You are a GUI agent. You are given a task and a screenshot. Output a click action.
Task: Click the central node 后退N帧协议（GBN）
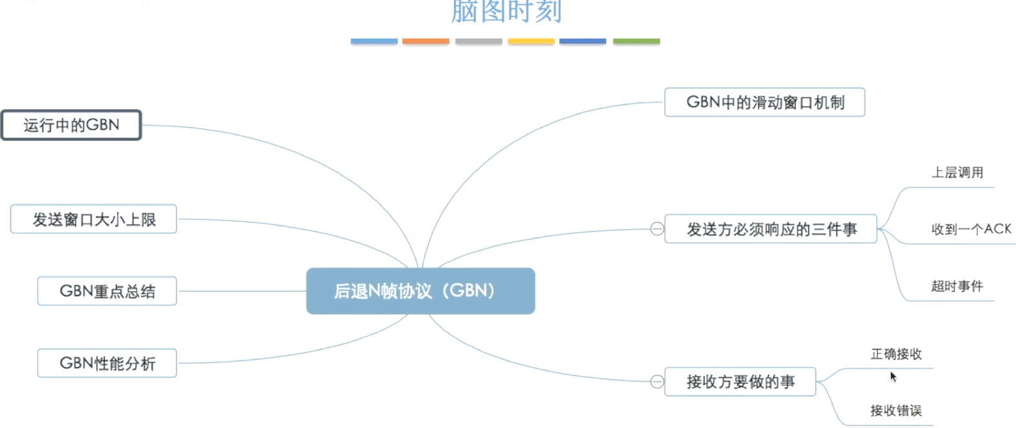421,291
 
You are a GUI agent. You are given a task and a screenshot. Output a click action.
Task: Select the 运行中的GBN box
71,125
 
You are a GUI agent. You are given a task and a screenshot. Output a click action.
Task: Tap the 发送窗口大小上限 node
94,219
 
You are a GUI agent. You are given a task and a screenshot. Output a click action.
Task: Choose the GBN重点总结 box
107,291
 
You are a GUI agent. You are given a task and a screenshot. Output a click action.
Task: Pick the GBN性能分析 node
107,363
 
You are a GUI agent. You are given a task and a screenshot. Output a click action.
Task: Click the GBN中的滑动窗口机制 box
765,102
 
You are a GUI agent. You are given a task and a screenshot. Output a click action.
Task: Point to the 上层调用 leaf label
957,173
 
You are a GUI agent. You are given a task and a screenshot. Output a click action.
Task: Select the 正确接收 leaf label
896,354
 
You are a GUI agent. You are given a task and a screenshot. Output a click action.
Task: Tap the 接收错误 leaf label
896,410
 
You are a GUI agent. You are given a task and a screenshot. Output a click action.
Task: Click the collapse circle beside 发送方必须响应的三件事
656,229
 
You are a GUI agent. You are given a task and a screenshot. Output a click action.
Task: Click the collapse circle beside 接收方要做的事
656,382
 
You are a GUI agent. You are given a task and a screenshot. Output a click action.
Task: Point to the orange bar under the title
426,42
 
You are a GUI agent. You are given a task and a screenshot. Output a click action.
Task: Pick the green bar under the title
636,42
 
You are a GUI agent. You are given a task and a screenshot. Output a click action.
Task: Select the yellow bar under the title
531,42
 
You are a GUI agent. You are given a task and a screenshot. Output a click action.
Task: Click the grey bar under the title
479,42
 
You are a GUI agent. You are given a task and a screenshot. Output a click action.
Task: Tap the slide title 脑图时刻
506,11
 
